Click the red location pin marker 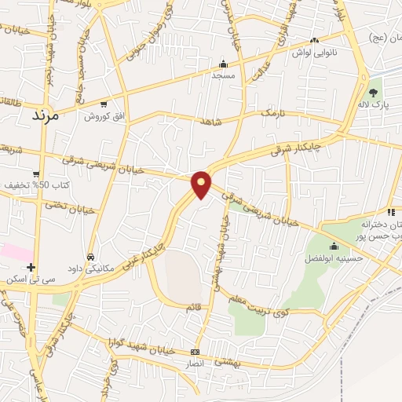202,185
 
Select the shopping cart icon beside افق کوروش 104,104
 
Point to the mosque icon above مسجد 223,64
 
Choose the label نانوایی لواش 314,53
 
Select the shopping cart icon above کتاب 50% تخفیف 36,174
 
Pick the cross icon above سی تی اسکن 30,267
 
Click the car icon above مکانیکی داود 91,256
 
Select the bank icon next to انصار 195,351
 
